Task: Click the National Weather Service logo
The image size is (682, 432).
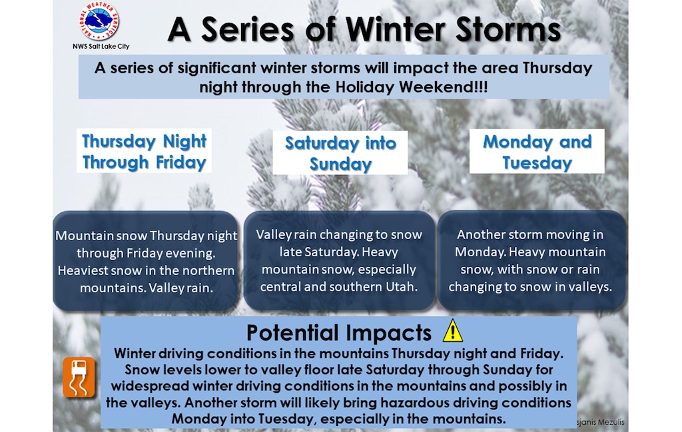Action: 99,21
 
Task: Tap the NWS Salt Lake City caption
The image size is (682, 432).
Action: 101,46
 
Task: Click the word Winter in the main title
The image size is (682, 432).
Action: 394,29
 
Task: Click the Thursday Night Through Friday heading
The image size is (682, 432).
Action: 144,151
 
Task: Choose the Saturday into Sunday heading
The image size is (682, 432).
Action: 340,153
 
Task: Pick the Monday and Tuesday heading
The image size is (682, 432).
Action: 537,152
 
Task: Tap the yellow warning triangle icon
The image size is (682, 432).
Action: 452,331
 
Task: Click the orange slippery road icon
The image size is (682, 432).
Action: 79,377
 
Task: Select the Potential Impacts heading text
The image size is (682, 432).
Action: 339,333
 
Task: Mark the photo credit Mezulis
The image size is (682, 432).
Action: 611,422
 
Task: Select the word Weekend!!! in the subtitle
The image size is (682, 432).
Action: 443,87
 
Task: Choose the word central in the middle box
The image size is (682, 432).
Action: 280,286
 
